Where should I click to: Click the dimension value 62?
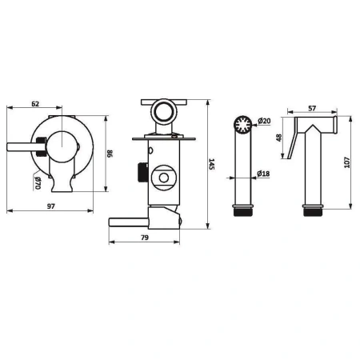[x=35, y=104]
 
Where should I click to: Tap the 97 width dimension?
[x=50, y=206]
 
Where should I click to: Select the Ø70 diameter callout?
[x=38, y=183]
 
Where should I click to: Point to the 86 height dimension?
[x=110, y=154]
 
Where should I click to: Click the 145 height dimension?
[x=211, y=164]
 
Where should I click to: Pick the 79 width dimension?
[x=145, y=238]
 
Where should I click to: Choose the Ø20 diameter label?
[x=264, y=121]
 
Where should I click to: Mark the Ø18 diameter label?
[x=263, y=174]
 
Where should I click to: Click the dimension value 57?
[x=312, y=108]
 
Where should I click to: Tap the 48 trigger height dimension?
[x=279, y=138]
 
